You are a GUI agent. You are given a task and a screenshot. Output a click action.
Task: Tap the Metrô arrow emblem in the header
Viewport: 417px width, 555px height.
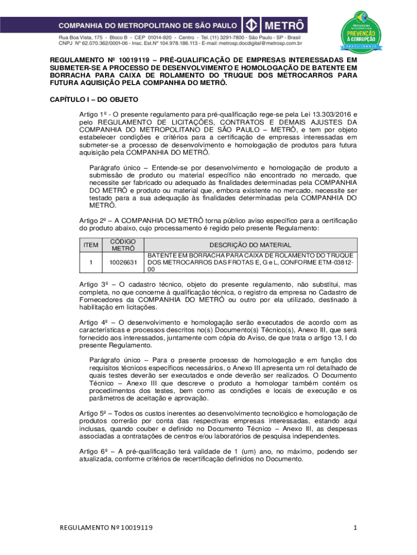pos(251,25)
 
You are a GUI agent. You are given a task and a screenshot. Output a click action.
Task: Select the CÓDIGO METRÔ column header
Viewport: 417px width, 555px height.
pos(123,245)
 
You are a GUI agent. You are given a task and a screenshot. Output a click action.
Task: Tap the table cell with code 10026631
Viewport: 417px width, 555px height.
pos(123,262)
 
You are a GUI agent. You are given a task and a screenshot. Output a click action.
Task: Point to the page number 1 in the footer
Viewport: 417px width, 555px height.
pos(355,527)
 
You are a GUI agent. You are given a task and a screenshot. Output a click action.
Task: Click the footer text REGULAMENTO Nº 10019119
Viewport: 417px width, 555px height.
pos(106,527)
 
